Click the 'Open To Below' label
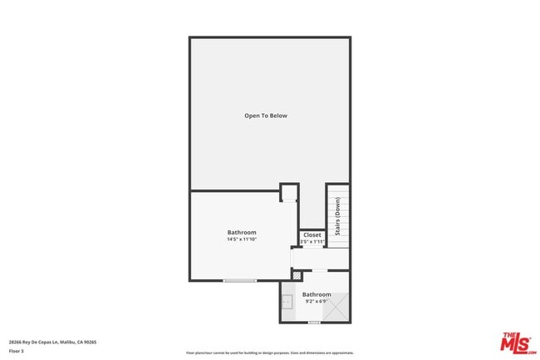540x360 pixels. [x=266, y=116]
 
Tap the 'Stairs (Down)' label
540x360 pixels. [x=338, y=215]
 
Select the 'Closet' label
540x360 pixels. [x=312, y=235]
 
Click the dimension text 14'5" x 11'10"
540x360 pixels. [x=242, y=239]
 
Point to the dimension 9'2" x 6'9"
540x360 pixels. [x=316, y=301]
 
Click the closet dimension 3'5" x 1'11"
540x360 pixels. [x=312, y=242]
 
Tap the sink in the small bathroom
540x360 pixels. [x=287, y=302]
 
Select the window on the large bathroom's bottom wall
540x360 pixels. [x=240, y=280]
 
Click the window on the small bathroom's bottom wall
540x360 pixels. [x=314, y=323]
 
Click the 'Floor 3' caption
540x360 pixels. [x=17, y=351]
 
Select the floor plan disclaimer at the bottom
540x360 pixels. [x=269, y=353]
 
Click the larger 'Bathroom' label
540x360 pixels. [x=242, y=232]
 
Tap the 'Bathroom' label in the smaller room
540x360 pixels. [x=316, y=294]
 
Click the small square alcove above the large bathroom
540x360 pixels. [x=289, y=193]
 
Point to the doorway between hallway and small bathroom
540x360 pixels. [x=319, y=270]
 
